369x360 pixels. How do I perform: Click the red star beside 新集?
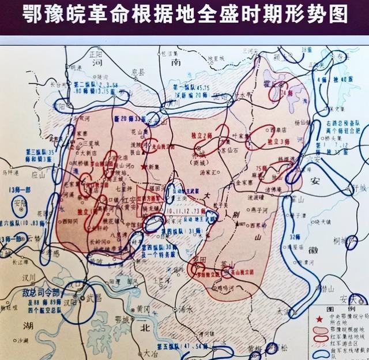coord(144,167)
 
